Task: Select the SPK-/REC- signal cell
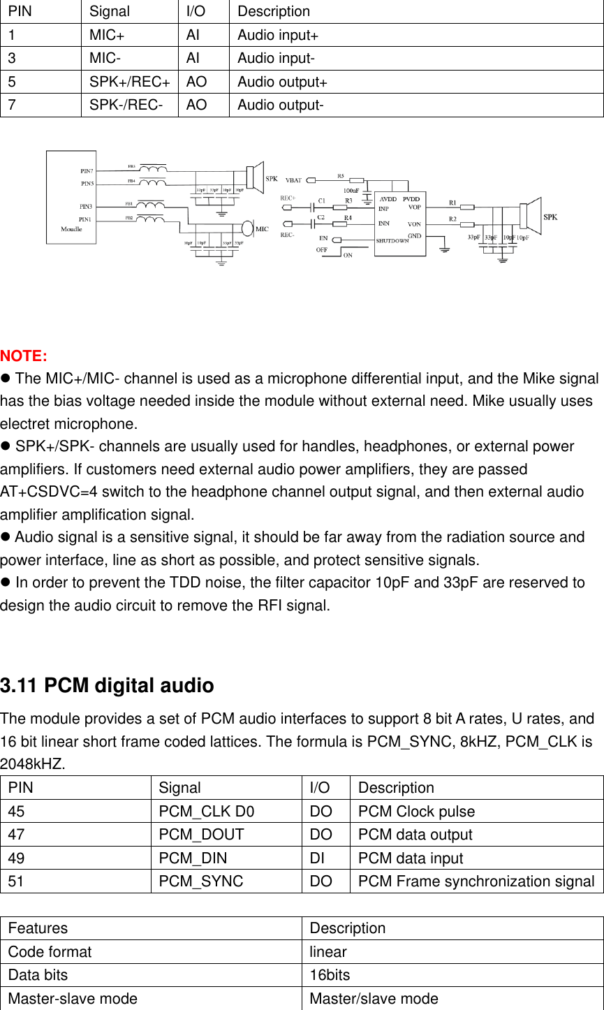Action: pyautogui.click(x=126, y=105)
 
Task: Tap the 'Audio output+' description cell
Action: pyautogui.click(x=282, y=82)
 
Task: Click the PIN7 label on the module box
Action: pyautogui.click(x=87, y=170)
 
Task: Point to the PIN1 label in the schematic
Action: pyautogui.click(x=86, y=219)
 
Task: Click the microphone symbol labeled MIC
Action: pyautogui.click(x=247, y=228)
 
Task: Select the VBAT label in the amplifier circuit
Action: pyautogui.click(x=293, y=180)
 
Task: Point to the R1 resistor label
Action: pyautogui.click(x=452, y=203)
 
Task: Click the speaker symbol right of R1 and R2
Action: pyautogui.click(x=533, y=216)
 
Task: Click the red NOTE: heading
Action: pyautogui.click(x=24, y=356)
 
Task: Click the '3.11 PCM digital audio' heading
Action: pyautogui.click(x=107, y=686)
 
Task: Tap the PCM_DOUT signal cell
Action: pyautogui.click(x=201, y=835)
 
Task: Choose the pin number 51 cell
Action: pyautogui.click(x=15, y=881)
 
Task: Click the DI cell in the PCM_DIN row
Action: pyautogui.click(x=316, y=858)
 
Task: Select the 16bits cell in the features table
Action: pyautogui.click(x=330, y=975)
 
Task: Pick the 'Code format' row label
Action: pyautogui.click(x=50, y=952)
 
